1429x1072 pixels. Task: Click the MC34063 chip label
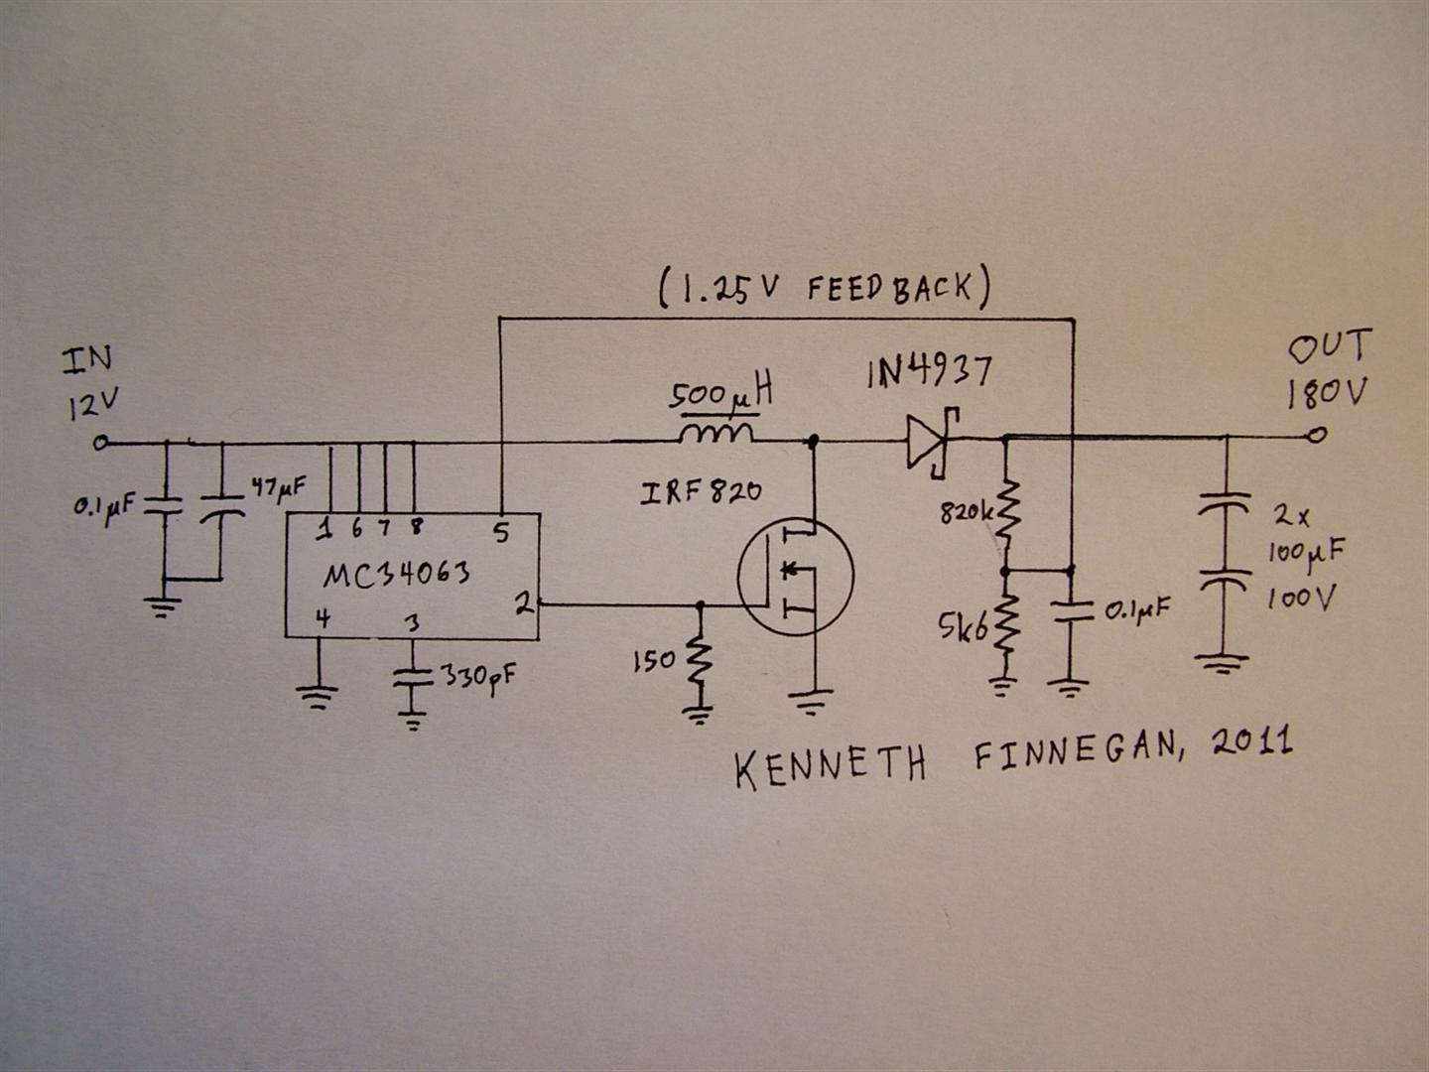[396, 575]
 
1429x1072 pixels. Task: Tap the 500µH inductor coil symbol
[716, 434]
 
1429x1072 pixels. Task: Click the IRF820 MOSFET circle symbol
[796, 577]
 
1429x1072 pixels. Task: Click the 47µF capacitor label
[279, 488]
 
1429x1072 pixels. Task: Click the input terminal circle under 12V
[101, 444]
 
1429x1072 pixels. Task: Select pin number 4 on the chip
[323, 618]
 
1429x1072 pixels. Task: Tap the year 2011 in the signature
[1252, 742]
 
